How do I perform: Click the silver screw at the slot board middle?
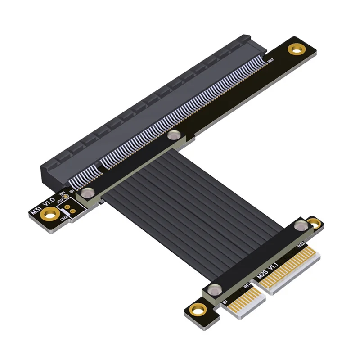click(x=172, y=135)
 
